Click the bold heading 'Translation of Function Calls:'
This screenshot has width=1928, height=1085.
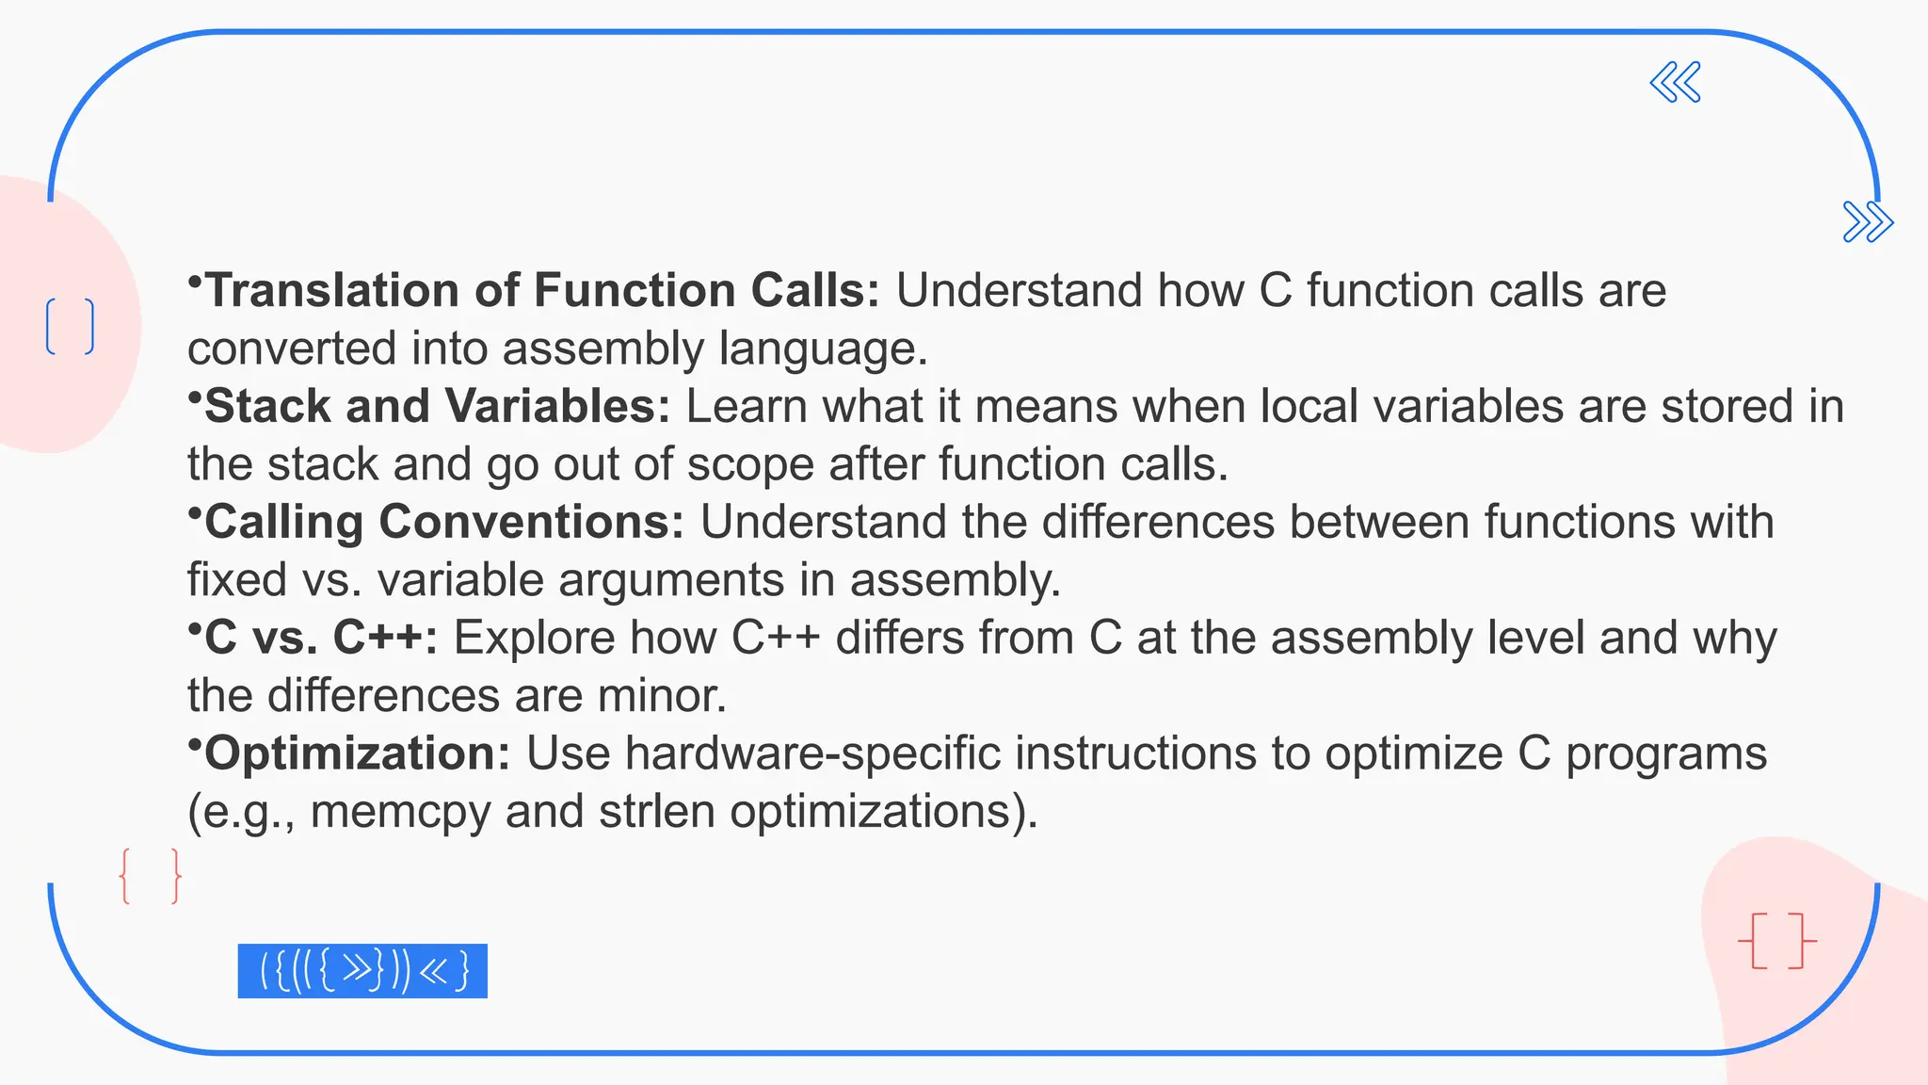[x=542, y=290]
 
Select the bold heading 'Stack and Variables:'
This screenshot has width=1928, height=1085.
[x=437, y=406]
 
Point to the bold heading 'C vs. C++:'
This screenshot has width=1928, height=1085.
[x=321, y=638]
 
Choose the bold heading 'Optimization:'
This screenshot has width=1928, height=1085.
[x=357, y=753]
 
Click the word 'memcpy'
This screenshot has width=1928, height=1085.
[x=400, y=812]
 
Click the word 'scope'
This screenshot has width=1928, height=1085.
[x=750, y=464]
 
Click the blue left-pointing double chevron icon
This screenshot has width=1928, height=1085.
[x=1676, y=82]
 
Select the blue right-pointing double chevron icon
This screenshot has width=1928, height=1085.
[x=1868, y=222]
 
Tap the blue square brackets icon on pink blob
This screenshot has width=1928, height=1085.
[x=71, y=326]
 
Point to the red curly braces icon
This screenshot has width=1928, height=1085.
[x=151, y=876]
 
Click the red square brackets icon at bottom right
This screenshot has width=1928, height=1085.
[x=1776, y=940]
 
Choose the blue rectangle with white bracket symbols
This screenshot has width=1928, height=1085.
[x=362, y=970]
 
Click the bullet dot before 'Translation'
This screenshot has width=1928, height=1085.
[x=195, y=281]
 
